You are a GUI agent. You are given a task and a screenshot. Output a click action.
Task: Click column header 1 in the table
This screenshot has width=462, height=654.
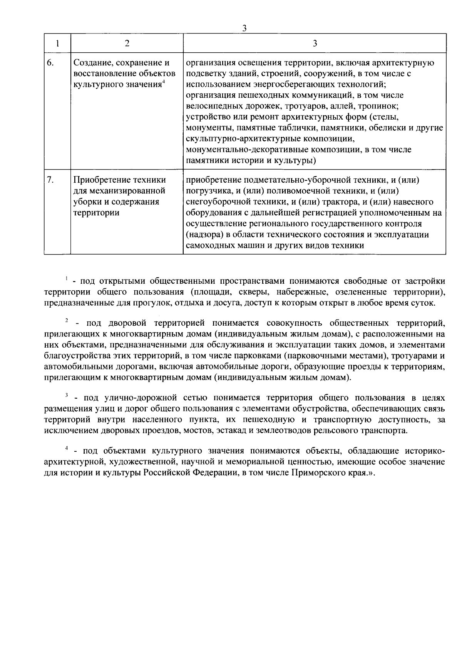tap(57, 43)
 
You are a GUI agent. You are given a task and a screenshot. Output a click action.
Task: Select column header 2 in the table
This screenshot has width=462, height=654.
tap(127, 43)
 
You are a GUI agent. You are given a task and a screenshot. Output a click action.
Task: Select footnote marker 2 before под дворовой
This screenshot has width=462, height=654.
tap(66, 320)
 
